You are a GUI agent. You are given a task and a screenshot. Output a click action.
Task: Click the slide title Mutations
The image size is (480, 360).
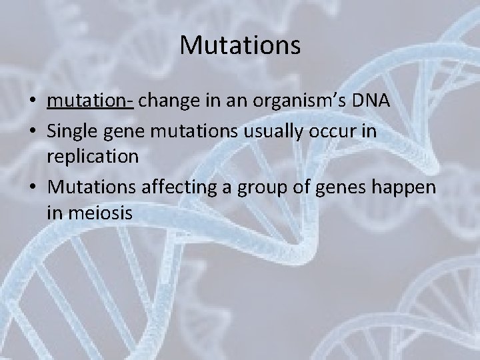tap(240, 45)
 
